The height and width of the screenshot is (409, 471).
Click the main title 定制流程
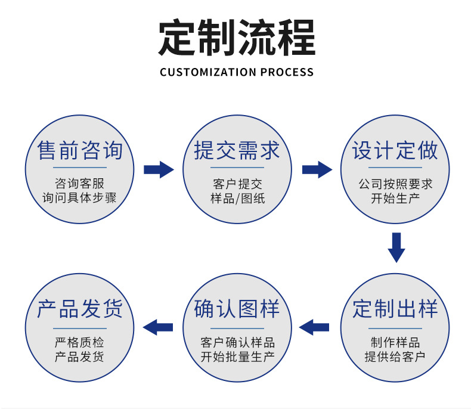tap(236, 38)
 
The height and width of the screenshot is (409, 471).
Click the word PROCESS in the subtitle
tap(287, 72)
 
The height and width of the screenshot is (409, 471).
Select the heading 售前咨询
tap(80, 150)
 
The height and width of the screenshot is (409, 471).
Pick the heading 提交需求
tap(237, 150)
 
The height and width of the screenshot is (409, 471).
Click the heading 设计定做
tap(395, 150)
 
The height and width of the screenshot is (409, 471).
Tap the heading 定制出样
tap(395, 309)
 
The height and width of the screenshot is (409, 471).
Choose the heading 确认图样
tap(237, 309)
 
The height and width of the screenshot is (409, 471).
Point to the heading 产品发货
tap(80, 309)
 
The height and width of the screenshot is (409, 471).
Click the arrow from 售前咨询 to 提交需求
tap(159, 169)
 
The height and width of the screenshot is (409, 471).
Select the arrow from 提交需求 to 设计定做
tap(317, 169)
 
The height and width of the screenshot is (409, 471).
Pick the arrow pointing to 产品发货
tap(158, 327)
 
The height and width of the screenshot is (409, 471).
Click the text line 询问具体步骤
tap(79, 198)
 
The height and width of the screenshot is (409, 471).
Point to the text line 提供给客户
tap(395, 357)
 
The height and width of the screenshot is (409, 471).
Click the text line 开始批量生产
tap(237, 357)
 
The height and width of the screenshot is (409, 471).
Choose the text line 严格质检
tap(79, 343)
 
